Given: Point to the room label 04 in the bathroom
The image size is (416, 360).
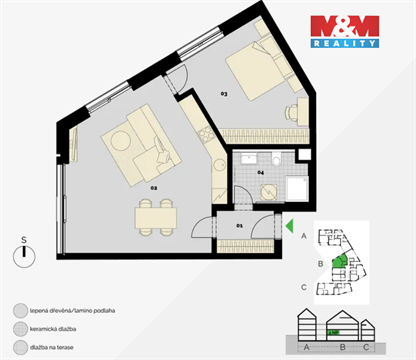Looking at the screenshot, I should coord(260,173).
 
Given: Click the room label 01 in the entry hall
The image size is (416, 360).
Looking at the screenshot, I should coord(239,226).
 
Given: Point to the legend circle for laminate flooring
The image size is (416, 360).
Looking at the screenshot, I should coord(21,310).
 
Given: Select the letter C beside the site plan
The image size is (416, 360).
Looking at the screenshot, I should coord(304,287).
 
